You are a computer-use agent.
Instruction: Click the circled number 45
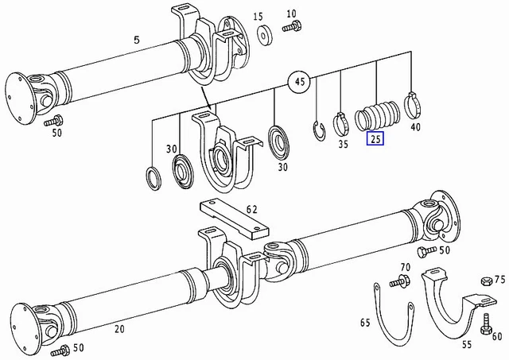(300, 82)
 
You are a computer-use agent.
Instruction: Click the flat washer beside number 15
(262, 33)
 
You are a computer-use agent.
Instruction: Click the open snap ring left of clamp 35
(318, 130)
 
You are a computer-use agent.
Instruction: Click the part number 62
(251, 210)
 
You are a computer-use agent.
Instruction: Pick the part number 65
(365, 323)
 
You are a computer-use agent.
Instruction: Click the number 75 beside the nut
(499, 279)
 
